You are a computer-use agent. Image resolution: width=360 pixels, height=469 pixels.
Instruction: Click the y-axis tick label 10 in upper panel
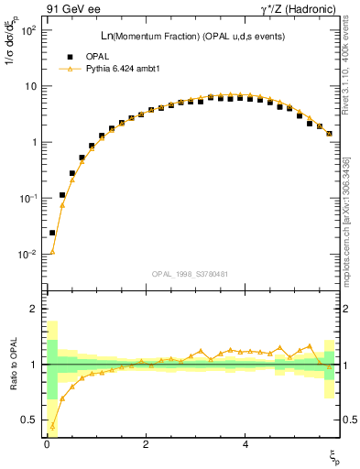click(29, 86)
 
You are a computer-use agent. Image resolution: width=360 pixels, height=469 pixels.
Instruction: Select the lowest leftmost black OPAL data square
click(52, 233)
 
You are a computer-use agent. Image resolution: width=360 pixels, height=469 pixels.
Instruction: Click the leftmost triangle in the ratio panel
click(52, 426)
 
